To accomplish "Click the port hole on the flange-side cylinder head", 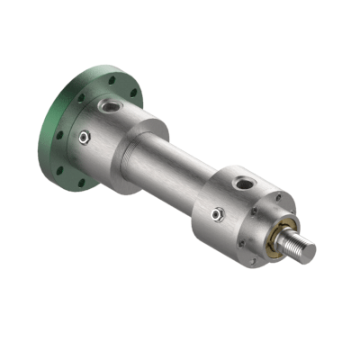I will tap(109, 106).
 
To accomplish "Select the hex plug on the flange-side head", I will tap(84, 137).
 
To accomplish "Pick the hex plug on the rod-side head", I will tap(217, 214).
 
